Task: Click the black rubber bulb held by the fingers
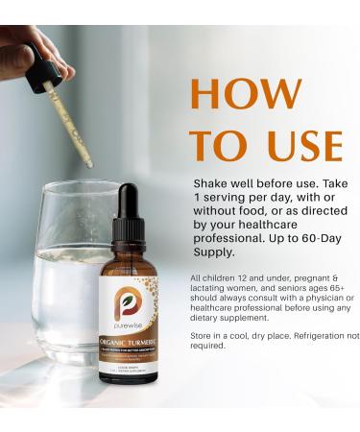40,58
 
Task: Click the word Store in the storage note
205,336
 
